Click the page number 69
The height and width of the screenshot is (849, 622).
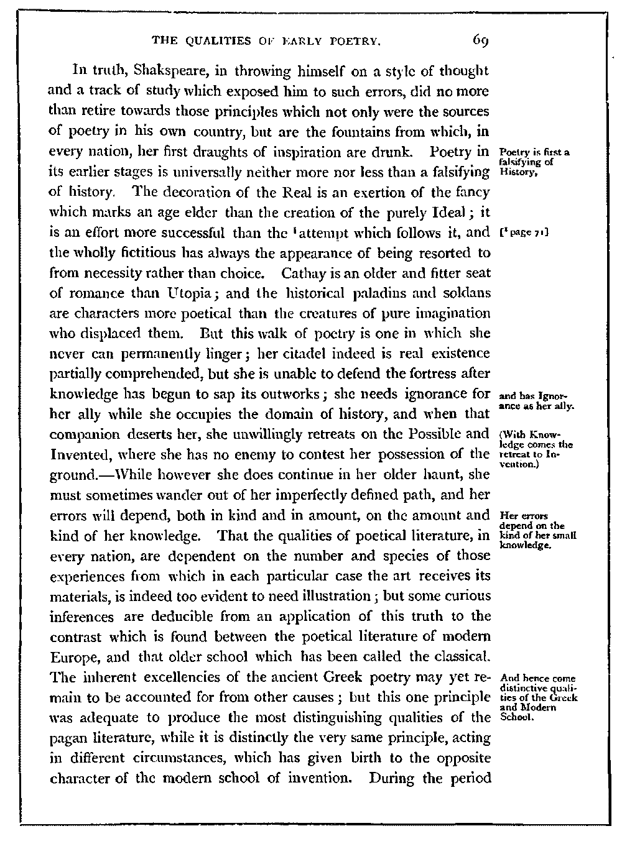481,41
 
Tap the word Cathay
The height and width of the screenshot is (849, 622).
301,273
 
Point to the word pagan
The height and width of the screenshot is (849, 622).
67,738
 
